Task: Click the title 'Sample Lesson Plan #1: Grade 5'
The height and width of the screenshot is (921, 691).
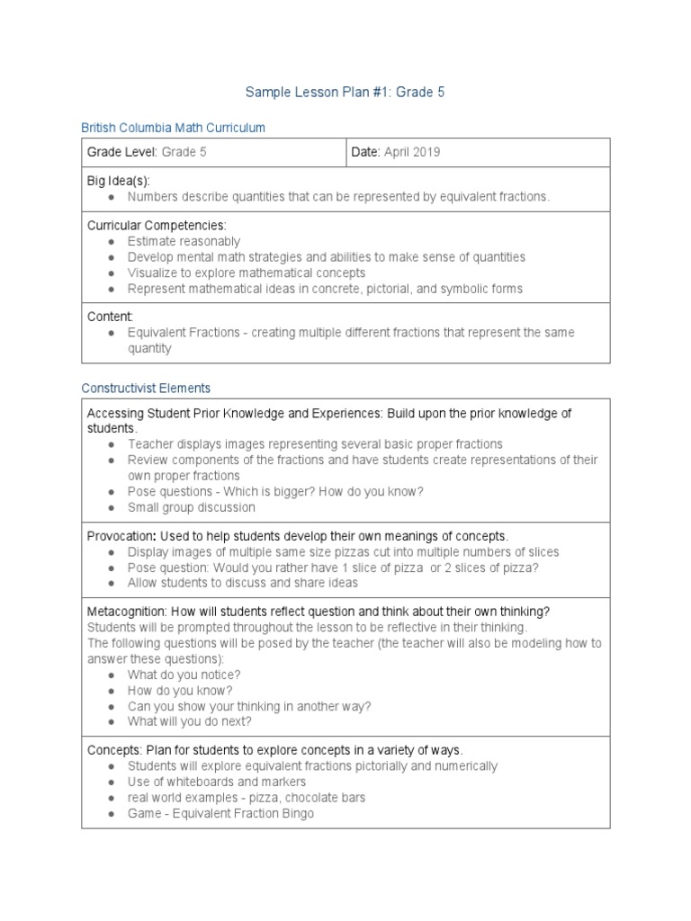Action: click(345, 93)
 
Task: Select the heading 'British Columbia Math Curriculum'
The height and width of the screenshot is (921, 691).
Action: click(173, 128)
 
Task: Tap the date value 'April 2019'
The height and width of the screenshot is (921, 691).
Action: click(412, 152)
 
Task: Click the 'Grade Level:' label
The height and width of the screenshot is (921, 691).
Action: click(122, 152)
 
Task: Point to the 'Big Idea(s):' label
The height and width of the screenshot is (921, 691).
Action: click(118, 181)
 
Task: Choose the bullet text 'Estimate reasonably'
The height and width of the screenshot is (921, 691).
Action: click(184, 241)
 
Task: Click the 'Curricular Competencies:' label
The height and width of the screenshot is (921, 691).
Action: click(157, 225)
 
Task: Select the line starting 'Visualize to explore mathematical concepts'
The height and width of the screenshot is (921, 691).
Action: click(247, 273)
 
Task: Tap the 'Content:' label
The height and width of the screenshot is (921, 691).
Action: click(110, 317)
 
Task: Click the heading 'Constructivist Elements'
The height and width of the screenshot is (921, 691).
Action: click(146, 388)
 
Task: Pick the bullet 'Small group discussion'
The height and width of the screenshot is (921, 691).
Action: click(191, 507)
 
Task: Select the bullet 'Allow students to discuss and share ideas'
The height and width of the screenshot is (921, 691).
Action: click(243, 583)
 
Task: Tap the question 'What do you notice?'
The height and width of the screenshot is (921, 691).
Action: click(184, 675)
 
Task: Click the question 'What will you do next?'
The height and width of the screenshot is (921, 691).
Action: click(189, 721)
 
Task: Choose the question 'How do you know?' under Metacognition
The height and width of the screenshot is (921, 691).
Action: click(180, 691)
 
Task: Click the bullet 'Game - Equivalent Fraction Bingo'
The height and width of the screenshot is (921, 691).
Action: click(220, 813)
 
